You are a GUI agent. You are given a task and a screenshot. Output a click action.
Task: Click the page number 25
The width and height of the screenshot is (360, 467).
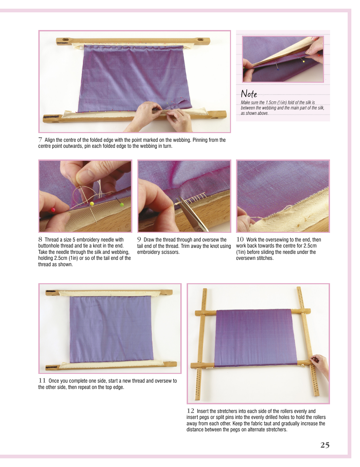pos(325,445)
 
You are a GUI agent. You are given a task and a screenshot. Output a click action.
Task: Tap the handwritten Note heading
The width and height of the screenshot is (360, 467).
pos(249,94)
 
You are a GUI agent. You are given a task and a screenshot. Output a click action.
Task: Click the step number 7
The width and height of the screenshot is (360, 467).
pos(40,140)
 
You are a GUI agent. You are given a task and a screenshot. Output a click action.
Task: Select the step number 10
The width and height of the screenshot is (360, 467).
pos(240,240)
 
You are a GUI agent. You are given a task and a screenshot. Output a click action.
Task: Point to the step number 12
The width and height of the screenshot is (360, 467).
pos(190,411)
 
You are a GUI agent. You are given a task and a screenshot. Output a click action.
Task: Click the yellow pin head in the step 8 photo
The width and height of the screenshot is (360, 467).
pos(92,203)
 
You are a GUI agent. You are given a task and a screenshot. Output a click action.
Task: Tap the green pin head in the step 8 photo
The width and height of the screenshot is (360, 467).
pos(122,205)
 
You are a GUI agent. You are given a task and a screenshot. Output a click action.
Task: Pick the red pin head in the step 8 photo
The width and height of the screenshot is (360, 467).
pos(53,209)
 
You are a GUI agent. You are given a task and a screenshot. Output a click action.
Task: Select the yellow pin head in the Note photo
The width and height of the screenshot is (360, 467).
pos(304,61)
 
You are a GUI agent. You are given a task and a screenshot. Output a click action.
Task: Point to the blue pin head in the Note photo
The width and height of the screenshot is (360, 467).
pos(278,69)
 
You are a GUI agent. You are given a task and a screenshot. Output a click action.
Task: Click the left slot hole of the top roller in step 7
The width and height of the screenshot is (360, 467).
pos(65,40)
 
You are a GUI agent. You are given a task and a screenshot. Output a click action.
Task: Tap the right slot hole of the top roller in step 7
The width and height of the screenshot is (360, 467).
pos(201,40)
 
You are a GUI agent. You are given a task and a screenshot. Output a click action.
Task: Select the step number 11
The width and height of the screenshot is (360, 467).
pos(42,381)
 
